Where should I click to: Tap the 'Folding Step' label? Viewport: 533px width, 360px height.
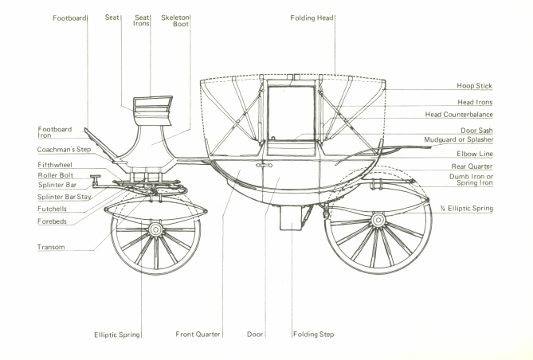click(x=312, y=335)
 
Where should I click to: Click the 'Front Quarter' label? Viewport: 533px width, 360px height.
click(x=198, y=335)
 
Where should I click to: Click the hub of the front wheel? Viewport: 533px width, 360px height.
click(x=155, y=229)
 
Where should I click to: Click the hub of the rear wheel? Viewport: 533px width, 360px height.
click(x=378, y=217)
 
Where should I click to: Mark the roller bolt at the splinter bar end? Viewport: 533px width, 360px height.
click(x=95, y=178)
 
